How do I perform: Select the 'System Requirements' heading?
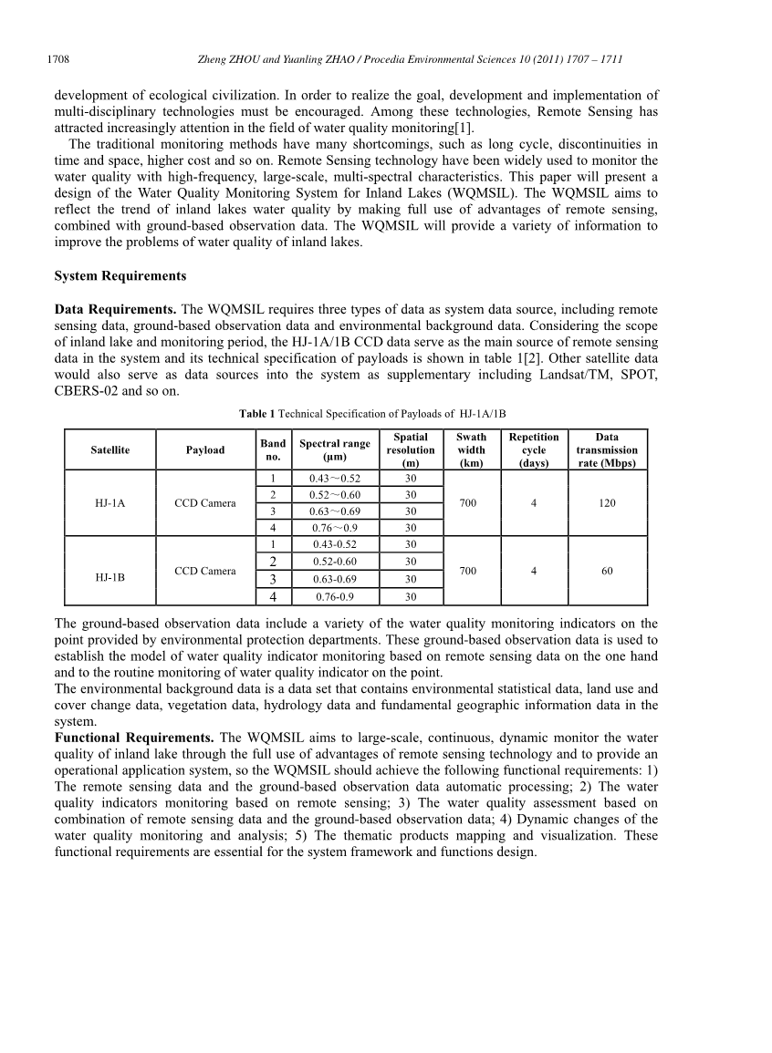click(120, 276)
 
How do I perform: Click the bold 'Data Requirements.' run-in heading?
click(116, 309)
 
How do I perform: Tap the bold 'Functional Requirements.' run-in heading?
click(134, 737)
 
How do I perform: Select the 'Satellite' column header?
click(110, 450)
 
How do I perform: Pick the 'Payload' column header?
click(205, 450)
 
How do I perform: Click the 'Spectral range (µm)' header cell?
click(335, 450)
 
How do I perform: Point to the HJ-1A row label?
click(110, 503)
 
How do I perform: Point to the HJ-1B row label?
click(110, 578)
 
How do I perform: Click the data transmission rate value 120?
click(607, 503)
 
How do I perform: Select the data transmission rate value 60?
click(607, 571)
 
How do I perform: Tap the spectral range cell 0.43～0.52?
click(335, 479)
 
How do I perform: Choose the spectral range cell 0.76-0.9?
click(335, 597)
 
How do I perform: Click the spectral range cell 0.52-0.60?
click(335, 562)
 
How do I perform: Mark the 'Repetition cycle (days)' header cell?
click(534, 450)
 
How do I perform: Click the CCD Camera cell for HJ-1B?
click(205, 572)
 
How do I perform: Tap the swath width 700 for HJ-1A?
click(468, 503)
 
